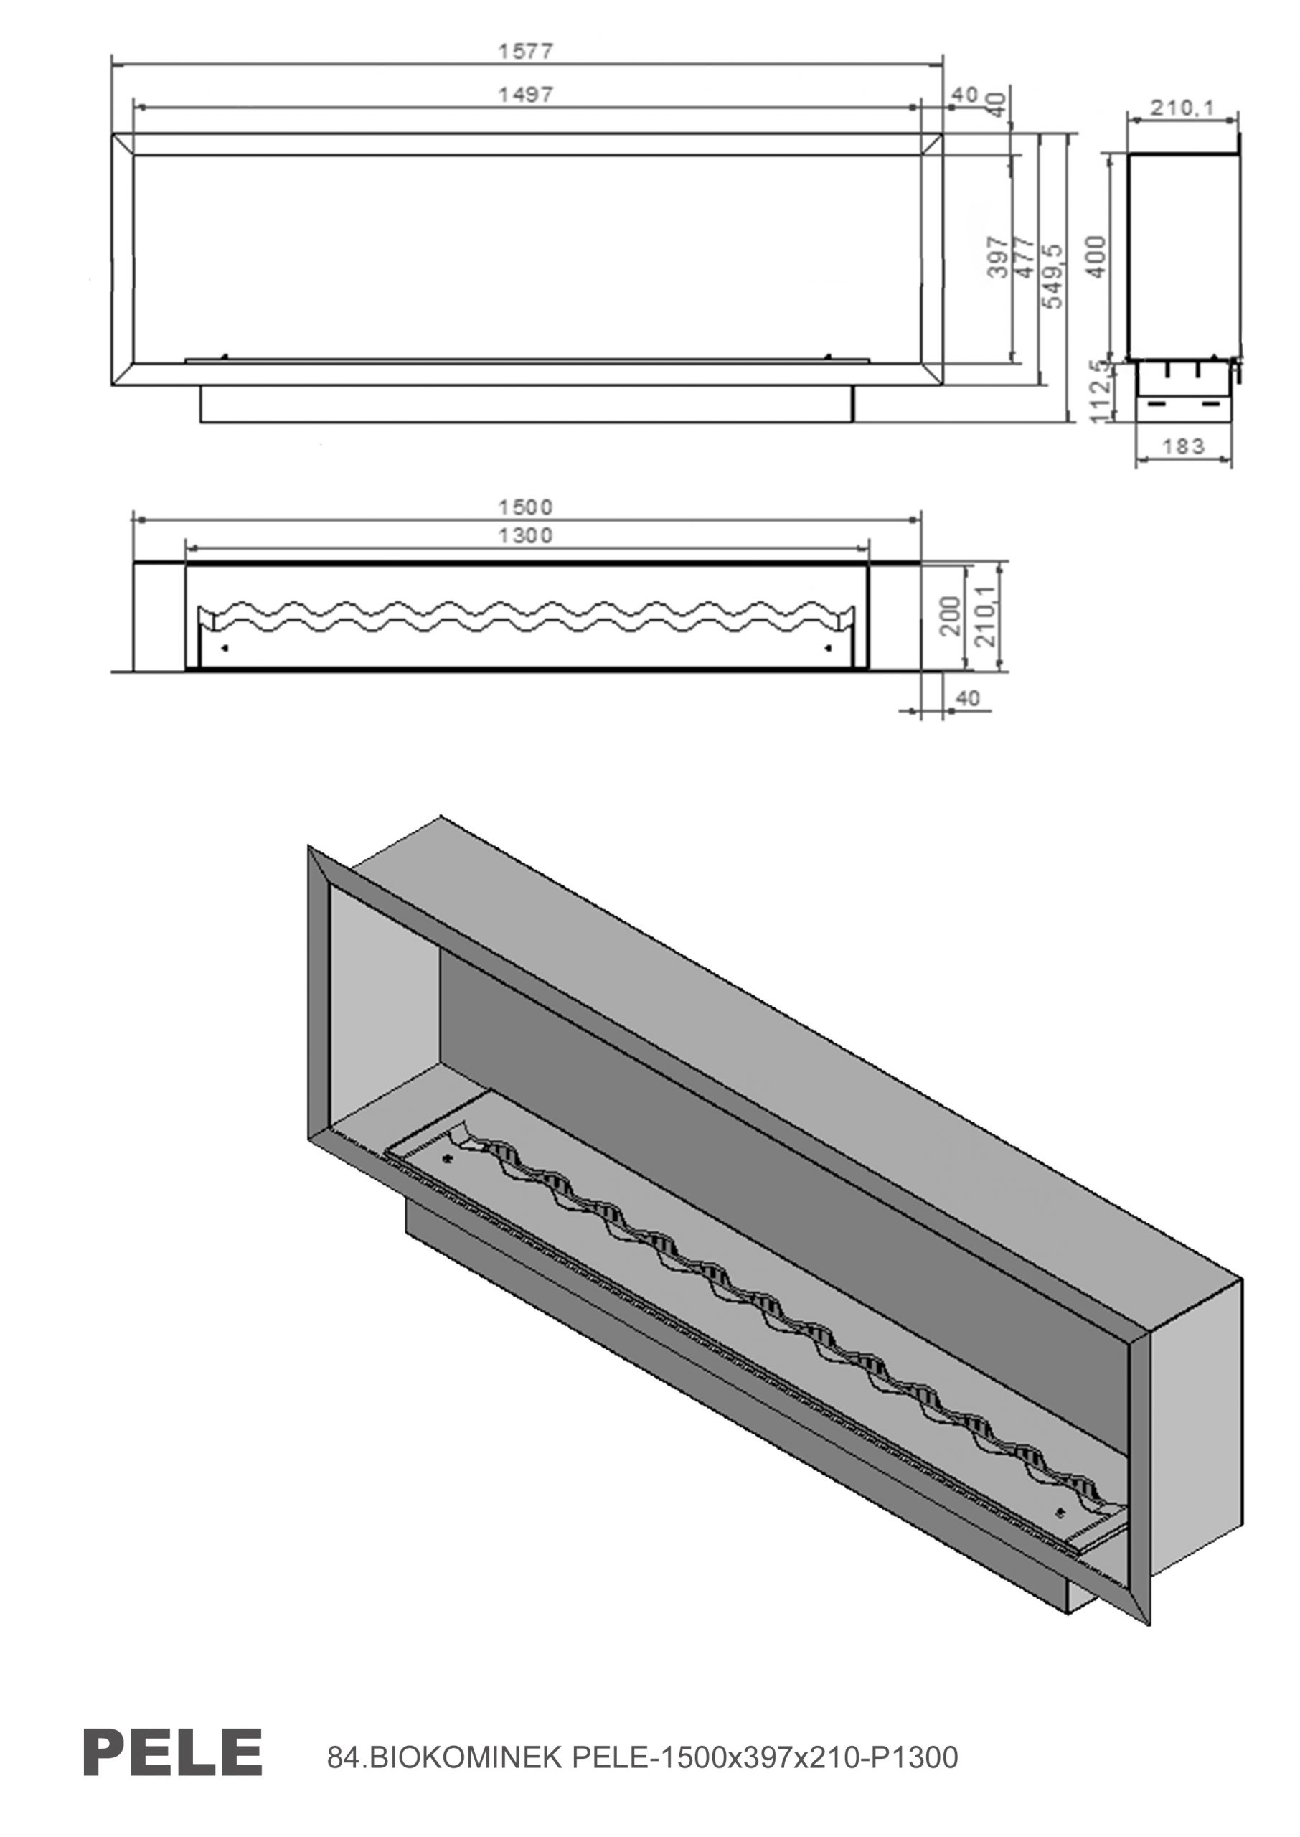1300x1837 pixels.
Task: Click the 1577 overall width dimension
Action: pos(526,50)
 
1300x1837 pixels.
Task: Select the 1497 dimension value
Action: pos(526,95)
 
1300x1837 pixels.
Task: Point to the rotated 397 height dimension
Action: pos(997,256)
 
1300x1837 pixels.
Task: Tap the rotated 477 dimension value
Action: pos(1024,256)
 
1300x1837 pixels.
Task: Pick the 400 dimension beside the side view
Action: pos(1098,256)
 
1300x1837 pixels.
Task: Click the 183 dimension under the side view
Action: pos(1183,446)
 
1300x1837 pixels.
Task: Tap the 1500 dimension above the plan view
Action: pos(526,507)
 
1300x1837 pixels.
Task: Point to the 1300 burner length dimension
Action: pos(526,535)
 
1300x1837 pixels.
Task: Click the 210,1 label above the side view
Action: pos(1182,106)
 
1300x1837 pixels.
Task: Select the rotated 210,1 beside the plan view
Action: pos(986,616)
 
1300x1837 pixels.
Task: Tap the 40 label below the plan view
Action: pos(968,699)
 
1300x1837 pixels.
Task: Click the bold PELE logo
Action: pos(173,1751)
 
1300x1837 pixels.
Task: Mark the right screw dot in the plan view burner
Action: pos(828,647)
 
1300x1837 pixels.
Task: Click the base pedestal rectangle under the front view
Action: pos(527,404)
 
